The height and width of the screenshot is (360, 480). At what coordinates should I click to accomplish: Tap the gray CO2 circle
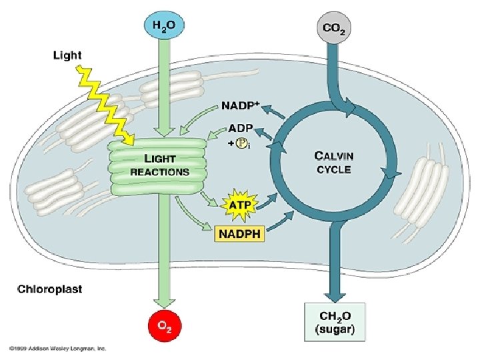(x=333, y=29)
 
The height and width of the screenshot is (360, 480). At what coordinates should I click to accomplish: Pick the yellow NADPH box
(x=239, y=233)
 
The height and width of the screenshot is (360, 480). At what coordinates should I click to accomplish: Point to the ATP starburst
(x=241, y=205)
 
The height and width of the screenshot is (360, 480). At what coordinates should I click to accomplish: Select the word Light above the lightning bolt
(x=67, y=55)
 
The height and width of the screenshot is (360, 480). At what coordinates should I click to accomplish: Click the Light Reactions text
(x=159, y=165)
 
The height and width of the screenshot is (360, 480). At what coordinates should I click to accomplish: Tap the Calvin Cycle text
(x=334, y=161)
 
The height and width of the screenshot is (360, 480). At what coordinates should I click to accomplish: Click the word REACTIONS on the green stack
(x=159, y=171)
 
